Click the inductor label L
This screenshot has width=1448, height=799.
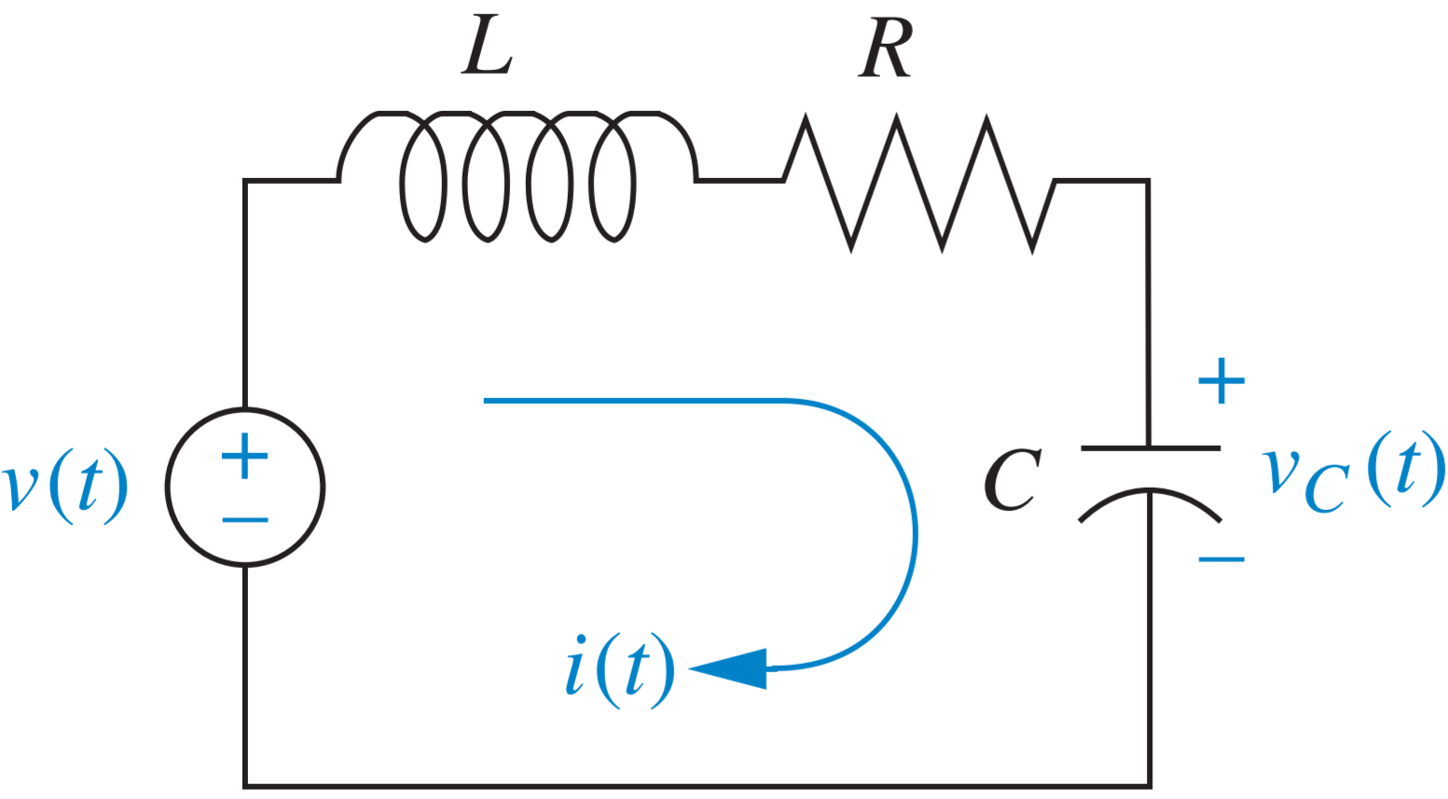click(x=487, y=45)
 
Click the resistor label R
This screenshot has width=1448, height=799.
click(x=885, y=47)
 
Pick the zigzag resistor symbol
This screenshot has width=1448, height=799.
click(x=918, y=182)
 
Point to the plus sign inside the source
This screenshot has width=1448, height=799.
click(x=244, y=456)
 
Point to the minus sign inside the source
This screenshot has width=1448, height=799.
click(x=245, y=519)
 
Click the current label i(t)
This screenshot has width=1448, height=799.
click(x=619, y=670)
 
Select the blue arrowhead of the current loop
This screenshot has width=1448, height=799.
click(x=732, y=668)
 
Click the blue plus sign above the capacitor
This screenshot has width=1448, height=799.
click(x=1220, y=380)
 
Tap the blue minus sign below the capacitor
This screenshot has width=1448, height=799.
click(x=1220, y=559)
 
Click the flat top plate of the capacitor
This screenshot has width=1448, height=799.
click(x=1150, y=448)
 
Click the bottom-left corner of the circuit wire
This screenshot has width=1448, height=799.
click(x=245, y=786)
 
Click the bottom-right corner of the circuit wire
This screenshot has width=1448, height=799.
click(x=1150, y=786)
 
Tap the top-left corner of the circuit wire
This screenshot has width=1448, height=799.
click(x=245, y=181)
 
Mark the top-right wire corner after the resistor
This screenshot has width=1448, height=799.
click(x=1148, y=181)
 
